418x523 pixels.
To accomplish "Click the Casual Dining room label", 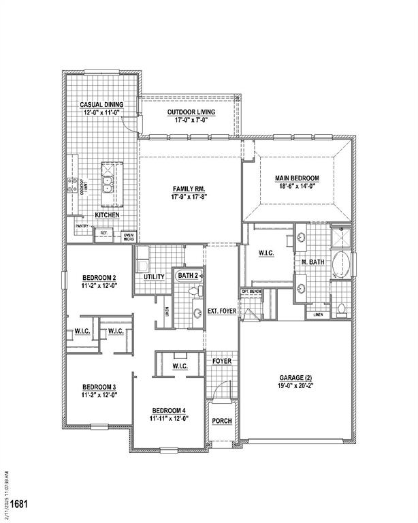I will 102,104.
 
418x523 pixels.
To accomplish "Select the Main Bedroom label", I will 297,178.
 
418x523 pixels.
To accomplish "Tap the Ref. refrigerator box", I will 104,233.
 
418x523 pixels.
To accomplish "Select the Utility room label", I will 154,277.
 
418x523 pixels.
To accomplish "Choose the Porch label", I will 222,421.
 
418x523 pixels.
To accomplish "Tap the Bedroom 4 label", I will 170,410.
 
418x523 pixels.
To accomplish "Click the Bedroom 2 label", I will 99,277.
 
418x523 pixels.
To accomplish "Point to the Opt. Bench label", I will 252,291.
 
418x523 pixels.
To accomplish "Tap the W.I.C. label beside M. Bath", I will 266,253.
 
